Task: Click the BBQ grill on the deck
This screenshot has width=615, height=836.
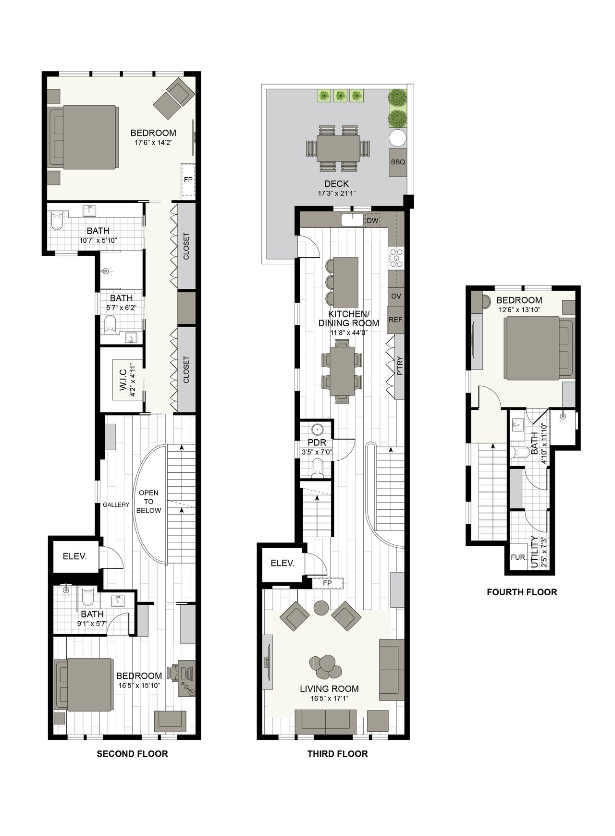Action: [398, 162]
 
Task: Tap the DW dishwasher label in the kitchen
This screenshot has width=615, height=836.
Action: [372, 221]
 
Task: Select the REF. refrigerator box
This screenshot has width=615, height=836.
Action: [396, 320]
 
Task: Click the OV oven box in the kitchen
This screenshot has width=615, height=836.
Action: [396, 296]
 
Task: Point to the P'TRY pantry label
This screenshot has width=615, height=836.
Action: [400, 366]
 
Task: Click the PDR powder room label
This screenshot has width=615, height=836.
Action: [317, 443]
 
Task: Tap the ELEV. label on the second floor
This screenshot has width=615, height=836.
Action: [75, 557]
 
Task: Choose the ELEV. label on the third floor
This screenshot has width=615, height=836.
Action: [283, 563]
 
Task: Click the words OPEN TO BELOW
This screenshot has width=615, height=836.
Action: [148, 502]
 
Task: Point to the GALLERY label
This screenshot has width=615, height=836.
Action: [116, 504]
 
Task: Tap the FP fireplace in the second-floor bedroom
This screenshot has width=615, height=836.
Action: [188, 180]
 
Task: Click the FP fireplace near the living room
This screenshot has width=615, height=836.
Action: [328, 583]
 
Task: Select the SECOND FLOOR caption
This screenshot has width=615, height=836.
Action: [133, 753]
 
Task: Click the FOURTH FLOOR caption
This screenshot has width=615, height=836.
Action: [522, 592]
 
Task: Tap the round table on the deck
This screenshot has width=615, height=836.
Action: [398, 138]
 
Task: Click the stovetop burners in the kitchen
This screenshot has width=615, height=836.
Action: [396, 258]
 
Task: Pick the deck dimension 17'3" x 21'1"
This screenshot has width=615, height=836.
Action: [336, 194]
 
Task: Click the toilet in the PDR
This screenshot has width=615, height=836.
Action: [317, 468]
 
